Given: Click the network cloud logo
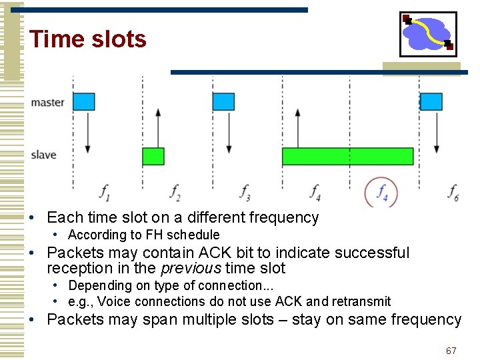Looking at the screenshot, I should (428, 34).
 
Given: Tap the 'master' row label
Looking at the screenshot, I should (48, 103).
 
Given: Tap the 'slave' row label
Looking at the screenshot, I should (44, 155).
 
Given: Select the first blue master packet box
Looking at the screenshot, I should (84, 101).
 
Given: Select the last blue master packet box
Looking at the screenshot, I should (431, 101).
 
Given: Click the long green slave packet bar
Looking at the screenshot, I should (347, 156).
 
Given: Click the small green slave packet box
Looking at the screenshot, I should (153, 156).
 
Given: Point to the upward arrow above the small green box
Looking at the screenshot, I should (158, 127).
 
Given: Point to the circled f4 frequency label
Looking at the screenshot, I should (382, 193).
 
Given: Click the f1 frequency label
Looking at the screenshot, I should (105, 192).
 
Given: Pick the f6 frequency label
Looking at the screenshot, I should (454, 192).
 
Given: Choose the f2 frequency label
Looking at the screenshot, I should (175, 192).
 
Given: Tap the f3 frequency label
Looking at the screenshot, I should (245, 192).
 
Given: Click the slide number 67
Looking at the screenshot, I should (451, 351).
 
